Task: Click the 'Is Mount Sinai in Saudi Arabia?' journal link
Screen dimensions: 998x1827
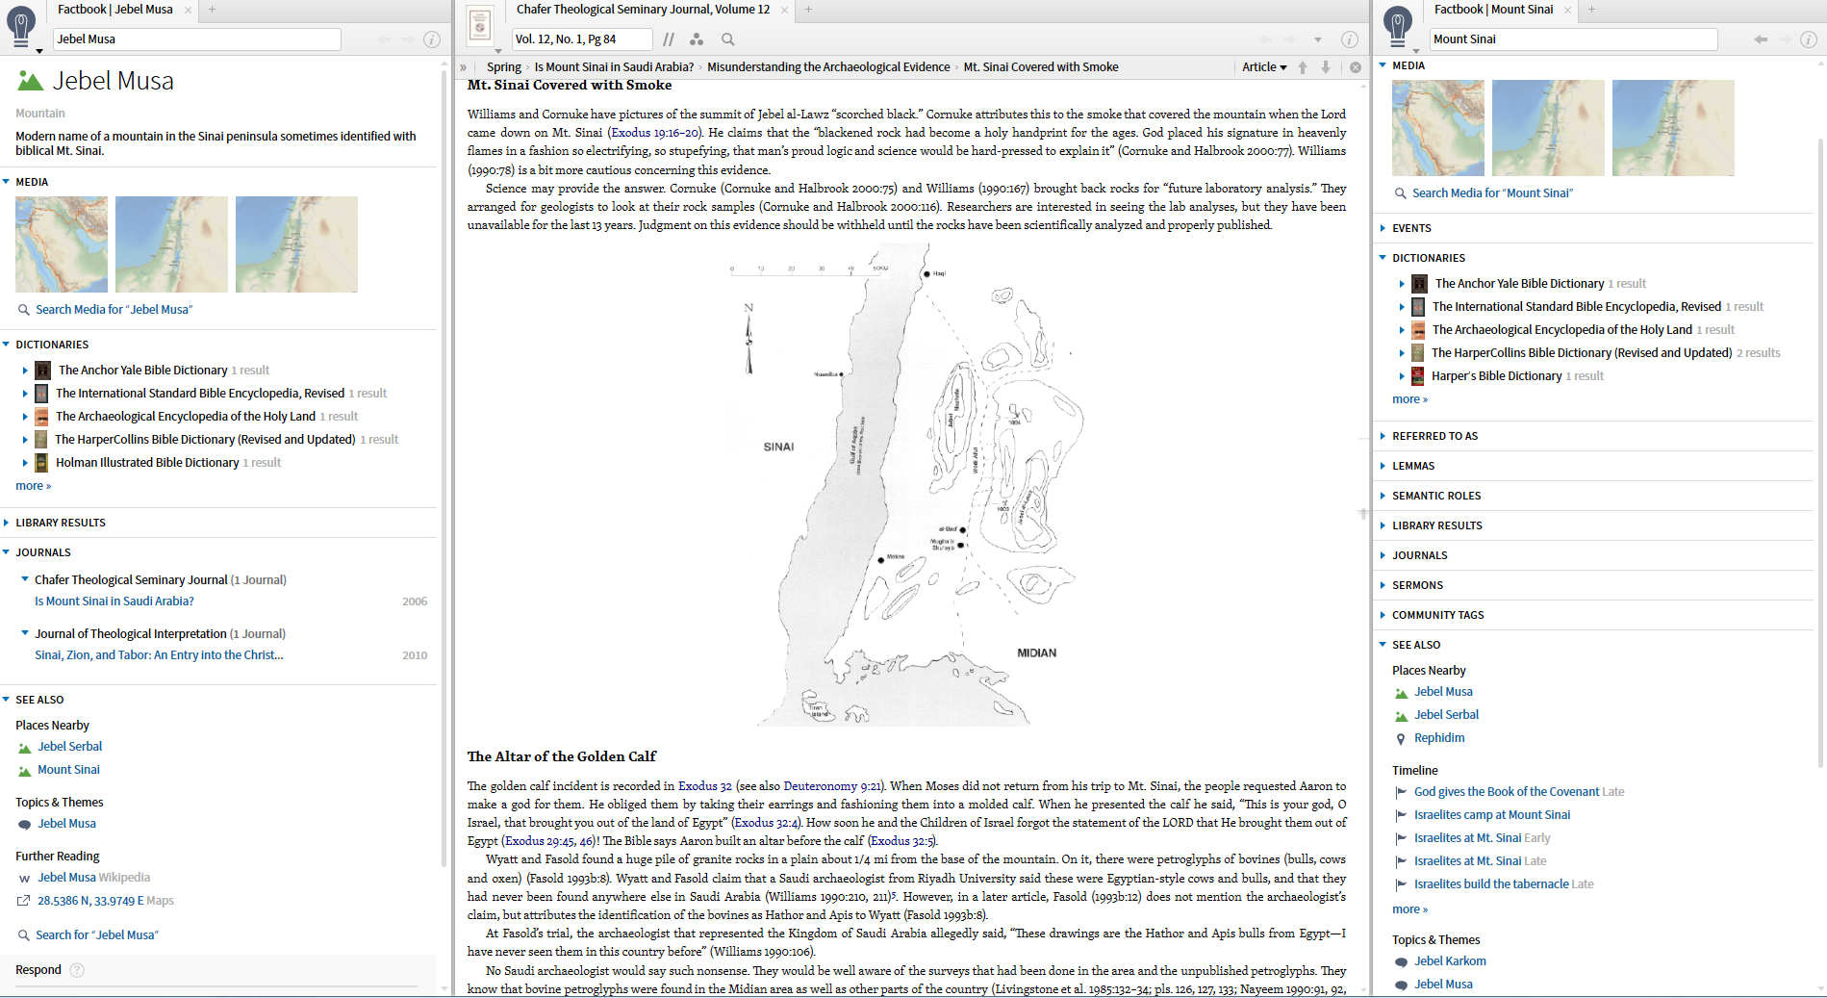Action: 114,601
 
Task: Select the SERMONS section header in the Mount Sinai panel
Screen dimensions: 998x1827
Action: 1417,585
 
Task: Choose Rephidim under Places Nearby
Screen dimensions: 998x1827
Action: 1439,738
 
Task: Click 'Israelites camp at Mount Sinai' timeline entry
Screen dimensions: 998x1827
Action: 1491,815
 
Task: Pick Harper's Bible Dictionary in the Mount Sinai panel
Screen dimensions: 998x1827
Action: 1496,376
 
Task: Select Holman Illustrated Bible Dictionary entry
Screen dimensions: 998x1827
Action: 147,463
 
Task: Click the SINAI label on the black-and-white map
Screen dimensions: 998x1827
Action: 778,448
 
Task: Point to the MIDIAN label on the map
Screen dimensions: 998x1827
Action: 1036,653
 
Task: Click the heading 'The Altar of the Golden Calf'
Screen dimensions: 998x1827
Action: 562,756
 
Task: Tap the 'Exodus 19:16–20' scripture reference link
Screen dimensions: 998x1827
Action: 654,133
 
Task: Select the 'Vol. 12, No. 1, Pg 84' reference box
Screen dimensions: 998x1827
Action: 581,39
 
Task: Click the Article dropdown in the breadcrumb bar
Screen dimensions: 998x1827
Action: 1263,67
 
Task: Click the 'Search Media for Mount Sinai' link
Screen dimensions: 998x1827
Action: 1492,193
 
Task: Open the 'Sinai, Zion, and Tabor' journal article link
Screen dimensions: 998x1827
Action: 159,655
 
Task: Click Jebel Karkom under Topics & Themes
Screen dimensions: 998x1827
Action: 1450,961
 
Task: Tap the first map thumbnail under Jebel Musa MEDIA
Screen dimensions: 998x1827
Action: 62,244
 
